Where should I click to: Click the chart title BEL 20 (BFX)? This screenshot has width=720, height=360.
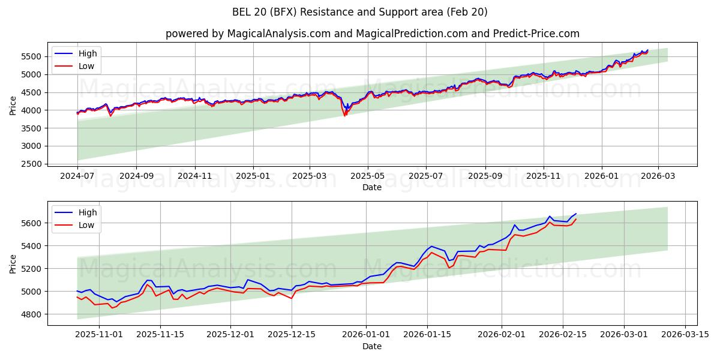pos(360,12)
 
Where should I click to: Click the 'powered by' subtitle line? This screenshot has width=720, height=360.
pos(372,34)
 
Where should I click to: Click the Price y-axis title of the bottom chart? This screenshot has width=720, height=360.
pos(13,263)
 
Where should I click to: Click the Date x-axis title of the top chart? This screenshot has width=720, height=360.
pos(372,187)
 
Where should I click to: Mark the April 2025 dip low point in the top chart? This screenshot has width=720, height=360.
pos(345,115)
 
